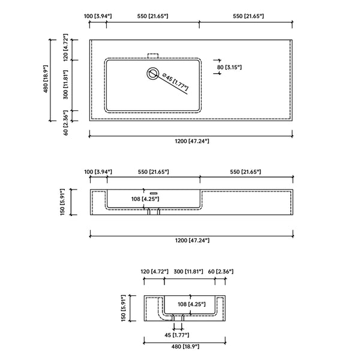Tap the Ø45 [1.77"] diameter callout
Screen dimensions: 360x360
pyautogui.click(x=175, y=82)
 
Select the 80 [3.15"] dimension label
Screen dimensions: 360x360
pyautogui.click(x=229, y=67)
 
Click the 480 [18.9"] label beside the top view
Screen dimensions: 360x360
pyautogui.click(x=46, y=79)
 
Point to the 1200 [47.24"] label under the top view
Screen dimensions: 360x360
pyautogui.click(x=192, y=141)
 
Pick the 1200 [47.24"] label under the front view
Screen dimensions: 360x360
pyautogui.click(x=192, y=241)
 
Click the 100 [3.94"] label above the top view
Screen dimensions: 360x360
pyautogui.click(x=98, y=16)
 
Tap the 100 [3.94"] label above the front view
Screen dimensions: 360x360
pyautogui.click(x=98, y=172)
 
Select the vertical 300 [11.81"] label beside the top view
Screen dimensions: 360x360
pyautogui.click(x=65, y=85)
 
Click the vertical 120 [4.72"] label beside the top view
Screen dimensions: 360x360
pyautogui.click(x=65, y=47)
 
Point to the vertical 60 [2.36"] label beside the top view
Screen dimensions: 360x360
pyautogui.click(x=65, y=123)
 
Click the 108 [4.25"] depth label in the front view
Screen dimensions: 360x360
pyautogui.click(x=145, y=199)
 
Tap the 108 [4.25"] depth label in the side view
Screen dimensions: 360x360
pyautogui.click(x=191, y=304)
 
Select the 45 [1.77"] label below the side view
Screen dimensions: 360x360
pyautogui.click(x=177, y=335)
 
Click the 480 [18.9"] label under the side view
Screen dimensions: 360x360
pyautogui.click(x=185, y=346)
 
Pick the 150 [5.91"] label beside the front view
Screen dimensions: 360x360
pyautogui.click(x=62, y=202)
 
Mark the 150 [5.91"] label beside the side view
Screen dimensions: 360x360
pyautogui.click(x=123, y=308)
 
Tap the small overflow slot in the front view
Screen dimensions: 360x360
pyautogui.click(x=154, y=194)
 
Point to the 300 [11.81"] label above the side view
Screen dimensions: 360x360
pyautogui.click(x=188, y=272)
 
